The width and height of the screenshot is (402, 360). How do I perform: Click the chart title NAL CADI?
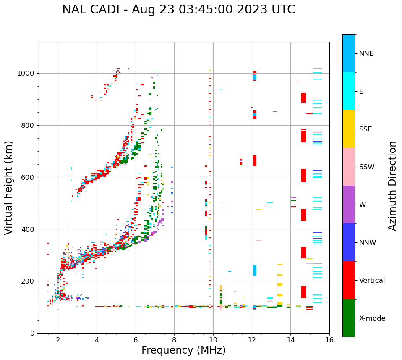coord(178,10)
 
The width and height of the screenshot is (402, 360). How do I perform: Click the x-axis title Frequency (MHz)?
coord(183,350)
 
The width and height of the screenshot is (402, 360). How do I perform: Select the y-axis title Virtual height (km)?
coord(9,188)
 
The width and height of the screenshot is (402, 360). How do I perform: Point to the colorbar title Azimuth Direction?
coord(392,186)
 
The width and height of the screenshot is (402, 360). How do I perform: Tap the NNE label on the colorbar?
coord(366,54)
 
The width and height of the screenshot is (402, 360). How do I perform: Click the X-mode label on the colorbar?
coord(372,318)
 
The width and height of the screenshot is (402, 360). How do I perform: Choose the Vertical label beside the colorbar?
coord(372,281)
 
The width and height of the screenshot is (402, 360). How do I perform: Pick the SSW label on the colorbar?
coord(367,167)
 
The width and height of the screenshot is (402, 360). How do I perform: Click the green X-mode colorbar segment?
coord(349,318)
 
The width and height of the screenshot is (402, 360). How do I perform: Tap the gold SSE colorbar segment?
coord(349,129)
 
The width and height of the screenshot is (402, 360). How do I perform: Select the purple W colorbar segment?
coord(349,205)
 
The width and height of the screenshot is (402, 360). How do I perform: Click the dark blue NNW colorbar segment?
coord(349,242)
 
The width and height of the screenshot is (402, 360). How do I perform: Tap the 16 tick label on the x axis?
coord(329,340)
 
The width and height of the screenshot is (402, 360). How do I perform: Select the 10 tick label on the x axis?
coord(213,340)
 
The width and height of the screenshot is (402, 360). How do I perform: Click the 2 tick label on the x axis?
coord(58,340)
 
